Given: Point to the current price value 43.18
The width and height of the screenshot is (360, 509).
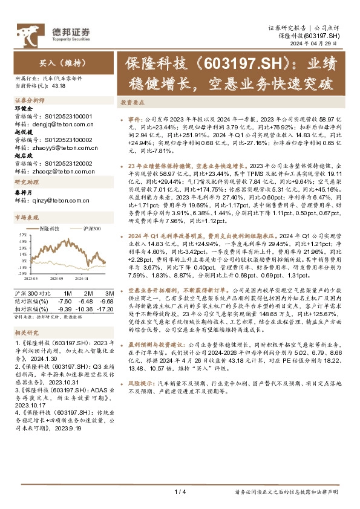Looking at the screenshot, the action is [59, 86].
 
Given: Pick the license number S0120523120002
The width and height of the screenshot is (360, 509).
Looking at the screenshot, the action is [70, 163].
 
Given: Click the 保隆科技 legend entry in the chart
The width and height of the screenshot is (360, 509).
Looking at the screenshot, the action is [50, 229].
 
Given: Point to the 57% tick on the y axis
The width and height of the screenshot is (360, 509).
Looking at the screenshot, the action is [22, 235].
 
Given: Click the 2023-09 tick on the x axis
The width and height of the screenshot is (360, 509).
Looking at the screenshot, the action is [58, 279].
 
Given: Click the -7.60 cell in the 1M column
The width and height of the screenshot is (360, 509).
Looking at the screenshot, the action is [65, 300].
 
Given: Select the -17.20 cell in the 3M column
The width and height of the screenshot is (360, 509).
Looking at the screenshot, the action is [106, 308].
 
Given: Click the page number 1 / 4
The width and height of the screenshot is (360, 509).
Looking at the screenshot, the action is [180, 493].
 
